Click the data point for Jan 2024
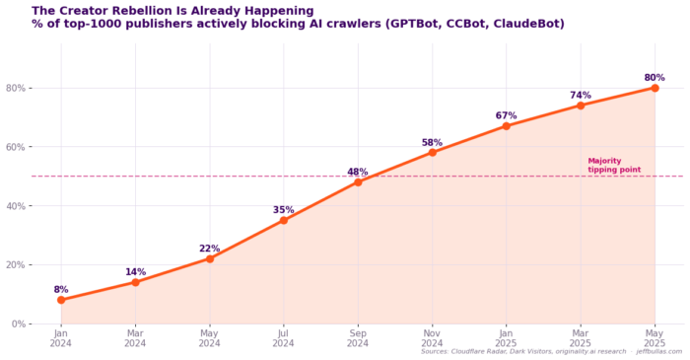click(61, 300)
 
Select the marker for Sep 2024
click(358, 182)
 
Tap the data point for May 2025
click(655, 88)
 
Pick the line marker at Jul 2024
click(284, 221)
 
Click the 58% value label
click(432, 143)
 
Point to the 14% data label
click(136, 272)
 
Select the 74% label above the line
click(581, 95)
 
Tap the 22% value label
click(209, 249)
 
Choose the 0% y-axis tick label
click(18, 324)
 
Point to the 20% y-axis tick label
click(16, 265)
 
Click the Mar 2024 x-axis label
click(135, 338)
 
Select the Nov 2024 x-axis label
click(432, 338)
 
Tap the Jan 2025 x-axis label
click(506, 338)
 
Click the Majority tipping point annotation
click(614, 166)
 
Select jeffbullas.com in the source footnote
click(659, 352)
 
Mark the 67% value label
click(506, 115)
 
